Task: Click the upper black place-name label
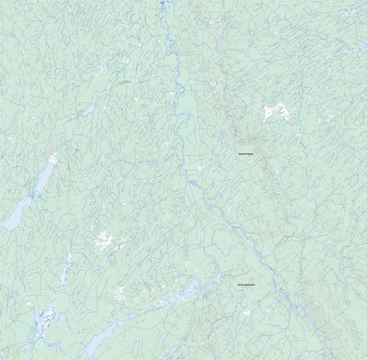coord(247,153)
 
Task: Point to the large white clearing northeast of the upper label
coord(274,112)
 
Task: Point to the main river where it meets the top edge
coord(162,4)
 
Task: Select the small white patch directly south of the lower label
coord(247,310)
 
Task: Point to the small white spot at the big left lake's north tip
coord(52,158)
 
